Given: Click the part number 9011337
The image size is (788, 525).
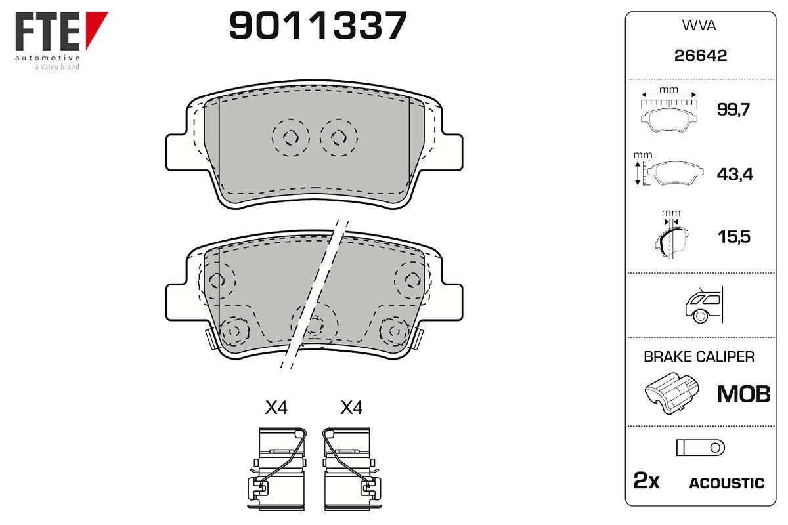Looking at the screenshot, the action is (x=318, y=25).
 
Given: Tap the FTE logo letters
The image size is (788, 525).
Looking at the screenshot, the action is (x=47, y=31).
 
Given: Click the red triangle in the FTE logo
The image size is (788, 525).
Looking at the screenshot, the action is (x=96, y=29).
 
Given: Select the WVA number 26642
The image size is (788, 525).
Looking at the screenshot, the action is (x=701, y=56).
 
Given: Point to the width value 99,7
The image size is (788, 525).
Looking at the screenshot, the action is (x=733, y=110).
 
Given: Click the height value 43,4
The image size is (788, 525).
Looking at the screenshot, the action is (x=735, y=174).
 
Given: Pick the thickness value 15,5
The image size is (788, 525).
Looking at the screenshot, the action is (x=734, y=236).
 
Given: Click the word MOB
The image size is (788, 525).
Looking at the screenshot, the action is (x=743, y=394).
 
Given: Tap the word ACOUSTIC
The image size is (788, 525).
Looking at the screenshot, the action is (x=727, y=484).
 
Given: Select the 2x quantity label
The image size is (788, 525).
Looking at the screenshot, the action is (x=647, y=480).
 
